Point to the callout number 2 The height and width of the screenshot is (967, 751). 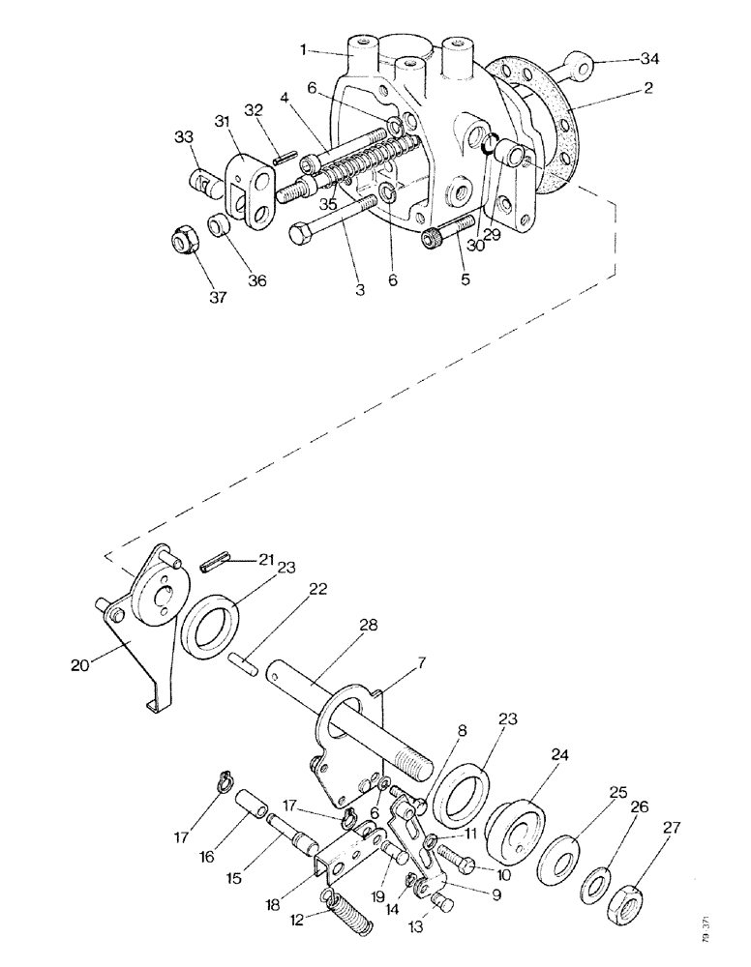tap(647, 88)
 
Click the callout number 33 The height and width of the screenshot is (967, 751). tap(185, 137)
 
